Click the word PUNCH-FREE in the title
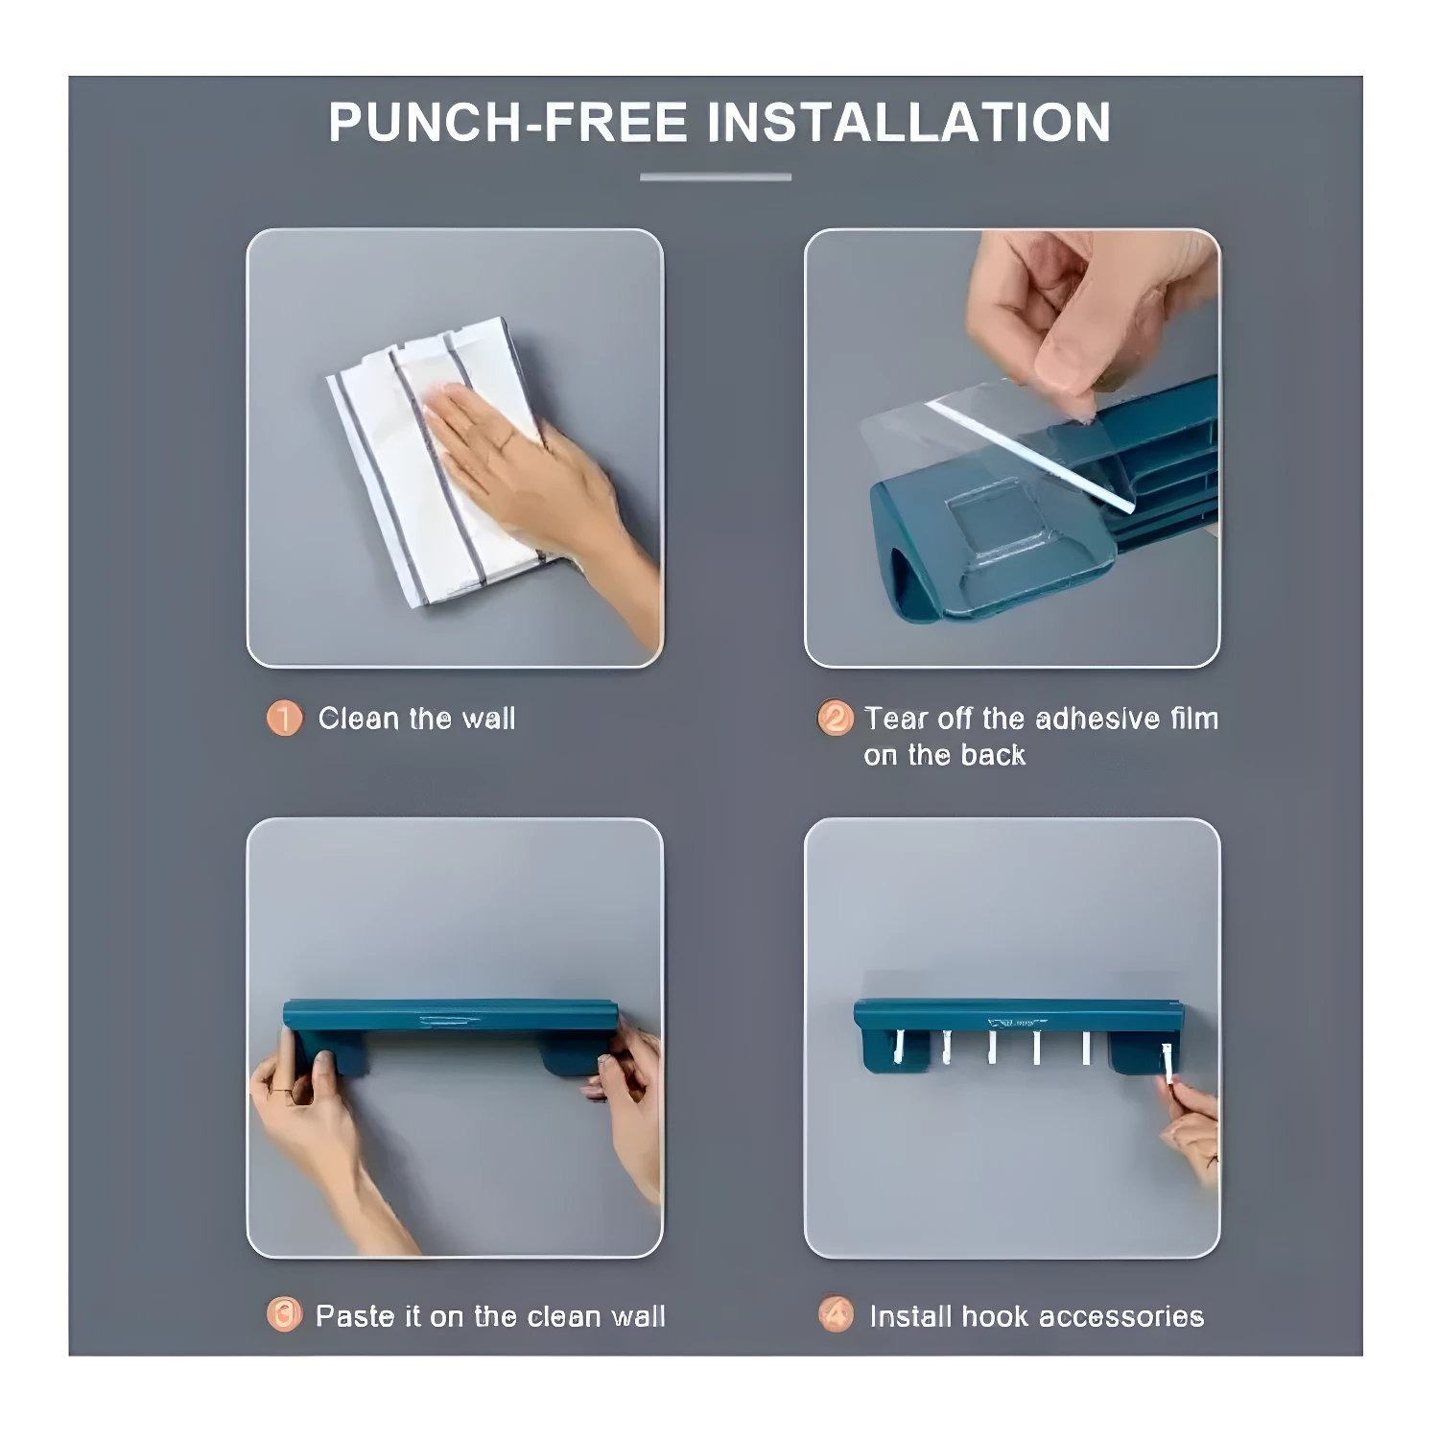pyautogui.click(x=507, y=123)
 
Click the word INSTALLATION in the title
pyautogui.click(x=908, y=123)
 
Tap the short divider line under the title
pyautogui.click(x=716, y=177)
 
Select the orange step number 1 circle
pyautogui.click(x=284, y=719)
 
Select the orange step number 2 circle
pyautogui.click(x=835, y=719)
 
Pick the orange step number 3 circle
pyautogui.click(x=284, y=1314)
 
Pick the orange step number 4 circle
pyautogui.click(x=836, y=1314)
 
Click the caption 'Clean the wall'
pyautogui.click(x=416, y=719)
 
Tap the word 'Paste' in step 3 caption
pyautogui.click(x=355, y=1316)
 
